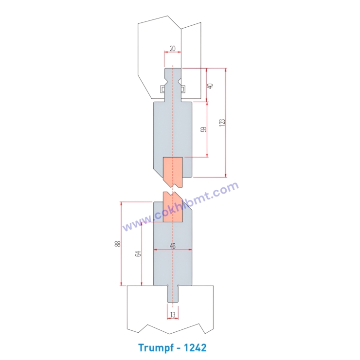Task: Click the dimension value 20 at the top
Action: pos(173,49)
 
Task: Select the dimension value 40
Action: pos(210,85)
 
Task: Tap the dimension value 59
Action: pos(204,129)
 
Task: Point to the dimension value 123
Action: pos(222,123)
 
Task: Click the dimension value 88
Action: pos(117,244)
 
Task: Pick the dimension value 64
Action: pos(138,253)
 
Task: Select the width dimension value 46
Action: pos(173,246)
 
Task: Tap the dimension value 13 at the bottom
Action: pos(173,315)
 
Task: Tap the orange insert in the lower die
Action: pos(173,209)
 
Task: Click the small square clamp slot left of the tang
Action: pos(162,88)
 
